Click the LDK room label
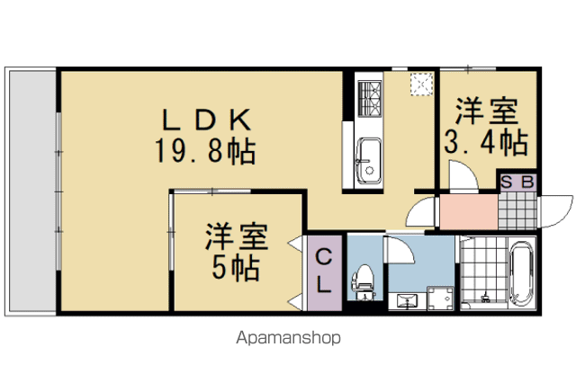(207, 120)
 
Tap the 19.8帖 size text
(205, 151)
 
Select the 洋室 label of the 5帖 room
(237, 237)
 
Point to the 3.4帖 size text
(486, 142)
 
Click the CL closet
(325, 272)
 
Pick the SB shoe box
(517, 183)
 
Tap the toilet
(363, 282)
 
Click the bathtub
(521, 272)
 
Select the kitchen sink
(369, 160)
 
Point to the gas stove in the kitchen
(369, 98)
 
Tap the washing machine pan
(440, 298)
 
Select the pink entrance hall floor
(469, 212)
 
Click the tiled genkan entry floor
(517, 210)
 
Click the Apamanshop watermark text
(288, 338)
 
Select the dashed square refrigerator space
(422, 85)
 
